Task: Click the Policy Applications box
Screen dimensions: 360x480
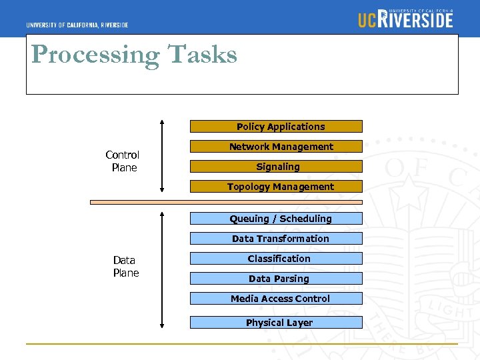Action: (276, 127)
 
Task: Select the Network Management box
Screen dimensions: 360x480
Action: (276, 147)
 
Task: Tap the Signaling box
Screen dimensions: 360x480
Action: (276, 167)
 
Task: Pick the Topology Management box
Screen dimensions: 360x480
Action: (276, 187)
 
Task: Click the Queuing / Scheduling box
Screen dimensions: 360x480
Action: (276, 219)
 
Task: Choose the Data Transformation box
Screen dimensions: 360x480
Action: (276, 239)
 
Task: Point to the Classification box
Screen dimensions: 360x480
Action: (276, 259)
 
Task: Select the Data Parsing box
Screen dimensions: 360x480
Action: (276, 279)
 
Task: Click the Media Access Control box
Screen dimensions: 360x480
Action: (276, 299)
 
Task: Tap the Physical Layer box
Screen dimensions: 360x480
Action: (276, 323)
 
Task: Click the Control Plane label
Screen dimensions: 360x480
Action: (123, 161)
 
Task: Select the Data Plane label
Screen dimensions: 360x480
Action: (125, 267)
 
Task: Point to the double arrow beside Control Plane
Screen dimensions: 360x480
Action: (162, 157)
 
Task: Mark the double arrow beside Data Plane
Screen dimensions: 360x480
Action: (162, 269)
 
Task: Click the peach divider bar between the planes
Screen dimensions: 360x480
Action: (227, 201)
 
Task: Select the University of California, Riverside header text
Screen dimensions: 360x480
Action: (77, 25)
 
